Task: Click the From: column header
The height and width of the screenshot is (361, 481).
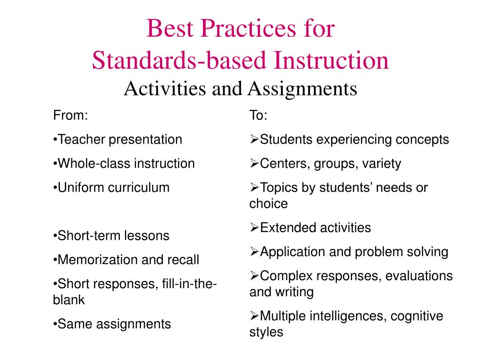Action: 70,116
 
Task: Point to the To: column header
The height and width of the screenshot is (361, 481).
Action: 258,116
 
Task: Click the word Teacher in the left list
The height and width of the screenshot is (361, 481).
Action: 81,140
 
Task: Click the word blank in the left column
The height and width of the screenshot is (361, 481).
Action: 69,300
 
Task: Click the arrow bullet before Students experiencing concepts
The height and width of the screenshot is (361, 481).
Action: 254,140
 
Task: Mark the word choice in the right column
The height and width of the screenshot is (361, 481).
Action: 268,204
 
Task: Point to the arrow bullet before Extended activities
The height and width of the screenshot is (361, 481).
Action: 254,228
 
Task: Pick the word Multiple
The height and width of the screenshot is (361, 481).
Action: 283,316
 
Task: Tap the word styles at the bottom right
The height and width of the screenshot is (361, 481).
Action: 266,332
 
